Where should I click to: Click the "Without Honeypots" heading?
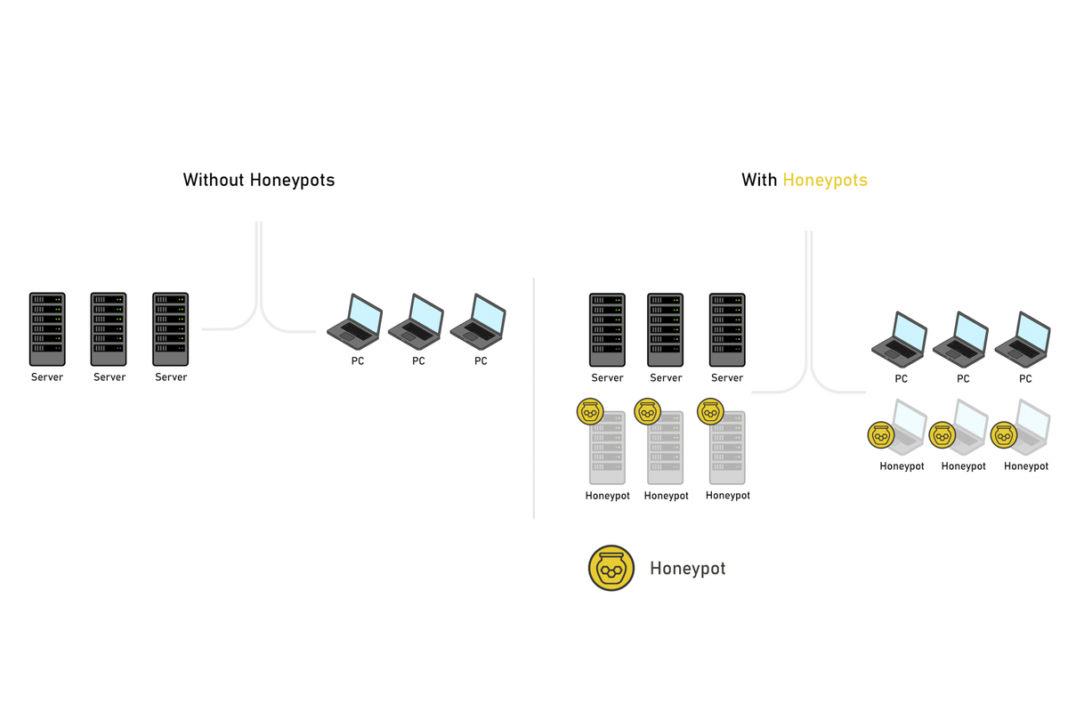[x=259, y=180]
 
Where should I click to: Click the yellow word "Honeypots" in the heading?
[x=825, y=180]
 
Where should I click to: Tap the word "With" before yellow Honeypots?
[x=759, y=180]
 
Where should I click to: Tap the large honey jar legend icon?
[x=611, y=568]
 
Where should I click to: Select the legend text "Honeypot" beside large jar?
[x=687, y=569]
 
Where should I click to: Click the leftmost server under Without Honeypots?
[x=47, y=329]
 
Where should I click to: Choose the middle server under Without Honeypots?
[x=109, y=329]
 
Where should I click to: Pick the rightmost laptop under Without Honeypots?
[x=478, y=321]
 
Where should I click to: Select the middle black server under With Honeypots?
[x=665, y=330]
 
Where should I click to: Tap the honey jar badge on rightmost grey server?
[x=710, y=411]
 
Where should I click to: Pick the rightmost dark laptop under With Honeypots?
[x=1023, y=339]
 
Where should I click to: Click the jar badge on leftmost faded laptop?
[x=881, y=435]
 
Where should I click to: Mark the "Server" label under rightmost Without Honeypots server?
[x=171, y=377]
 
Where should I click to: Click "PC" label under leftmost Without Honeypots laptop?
[x=358, y=361]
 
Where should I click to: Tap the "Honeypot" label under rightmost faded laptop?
[x=1026, y=466]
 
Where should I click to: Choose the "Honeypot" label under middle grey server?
[x=666, y=496]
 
